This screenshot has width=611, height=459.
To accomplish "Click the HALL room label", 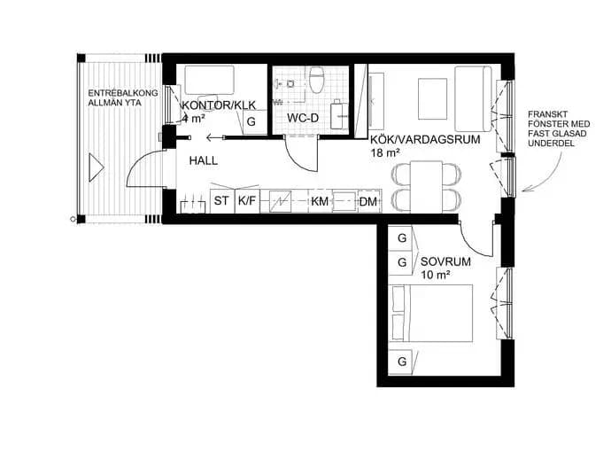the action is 204,160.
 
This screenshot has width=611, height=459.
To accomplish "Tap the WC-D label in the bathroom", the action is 303,118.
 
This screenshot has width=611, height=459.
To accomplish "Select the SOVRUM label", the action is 445,261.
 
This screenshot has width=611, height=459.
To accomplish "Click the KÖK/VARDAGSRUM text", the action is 425,139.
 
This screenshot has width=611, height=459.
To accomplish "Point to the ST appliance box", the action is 222,201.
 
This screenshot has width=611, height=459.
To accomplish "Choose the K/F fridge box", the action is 247,201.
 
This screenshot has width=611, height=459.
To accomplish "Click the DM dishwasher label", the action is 368,202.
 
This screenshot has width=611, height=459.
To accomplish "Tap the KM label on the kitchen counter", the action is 320,202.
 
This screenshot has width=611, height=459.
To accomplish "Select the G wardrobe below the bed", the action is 402,362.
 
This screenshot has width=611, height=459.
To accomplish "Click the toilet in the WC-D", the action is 316,80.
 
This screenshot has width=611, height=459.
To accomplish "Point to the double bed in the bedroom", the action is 430,313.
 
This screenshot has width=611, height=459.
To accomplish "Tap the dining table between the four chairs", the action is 426,187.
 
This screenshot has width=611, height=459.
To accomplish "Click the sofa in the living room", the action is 473,99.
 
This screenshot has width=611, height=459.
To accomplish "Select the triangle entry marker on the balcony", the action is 96,167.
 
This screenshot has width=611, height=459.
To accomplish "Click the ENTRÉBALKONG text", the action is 123,93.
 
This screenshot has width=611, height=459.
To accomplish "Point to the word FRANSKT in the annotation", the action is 543,114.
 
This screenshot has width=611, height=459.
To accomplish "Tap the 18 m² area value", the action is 385,153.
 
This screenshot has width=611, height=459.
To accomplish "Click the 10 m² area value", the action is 436,275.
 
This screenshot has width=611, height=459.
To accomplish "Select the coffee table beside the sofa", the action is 432,99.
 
